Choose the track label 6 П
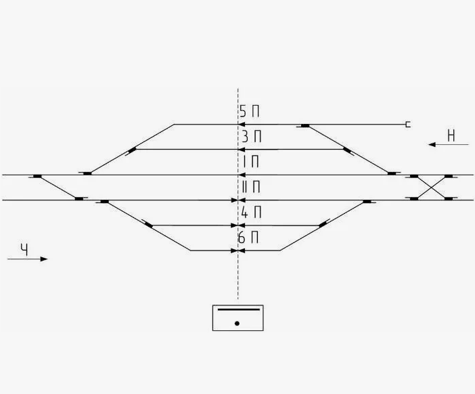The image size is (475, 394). (248, 238)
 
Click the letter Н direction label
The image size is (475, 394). (451, 135)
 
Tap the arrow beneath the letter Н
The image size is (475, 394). (443, 144)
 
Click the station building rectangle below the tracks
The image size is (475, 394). (237, 318)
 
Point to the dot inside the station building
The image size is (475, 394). (237, 324)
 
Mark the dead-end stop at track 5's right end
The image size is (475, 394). (407, 125)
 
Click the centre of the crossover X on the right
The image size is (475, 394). (431, 187)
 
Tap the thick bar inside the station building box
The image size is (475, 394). (237, 309)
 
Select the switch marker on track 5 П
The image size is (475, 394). (305, 125)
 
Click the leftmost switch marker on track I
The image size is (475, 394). (37, 176)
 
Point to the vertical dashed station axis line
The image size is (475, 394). (237, 284)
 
